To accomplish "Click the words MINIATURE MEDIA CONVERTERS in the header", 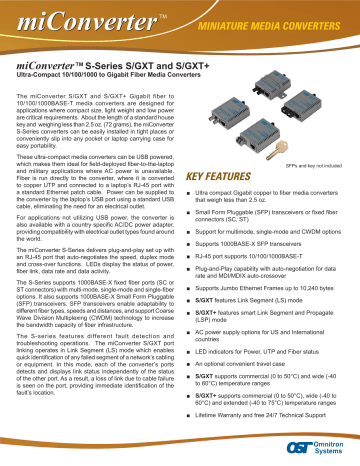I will (271, 22).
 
